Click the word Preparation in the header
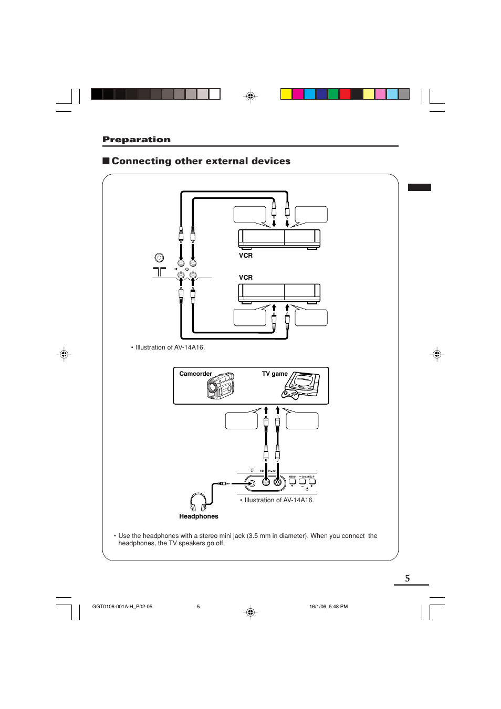tap(137, 140)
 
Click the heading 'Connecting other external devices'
tap(201, 161)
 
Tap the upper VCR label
tap(246, 256)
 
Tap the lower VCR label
tap(246, 278)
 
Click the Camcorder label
tap(195, 374)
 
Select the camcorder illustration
tap(221, 386)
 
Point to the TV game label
tap(275, 374)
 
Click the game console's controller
tap(291, 394)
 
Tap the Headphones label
tap(199, 516)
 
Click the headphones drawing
tap(198, 502)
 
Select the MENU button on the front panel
tap(292, 481)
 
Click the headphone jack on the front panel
tap(252, 483)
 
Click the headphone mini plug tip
tap(227, 483)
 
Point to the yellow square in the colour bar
tap(286, 94)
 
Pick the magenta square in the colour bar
tap(298, 94)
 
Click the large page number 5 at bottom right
tap(408, 578)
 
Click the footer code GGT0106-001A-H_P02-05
tap(122, 607)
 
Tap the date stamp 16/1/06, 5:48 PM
tap(328, 607)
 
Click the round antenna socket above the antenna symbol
tap(159, 258)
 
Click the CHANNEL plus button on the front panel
tap(312, 481)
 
